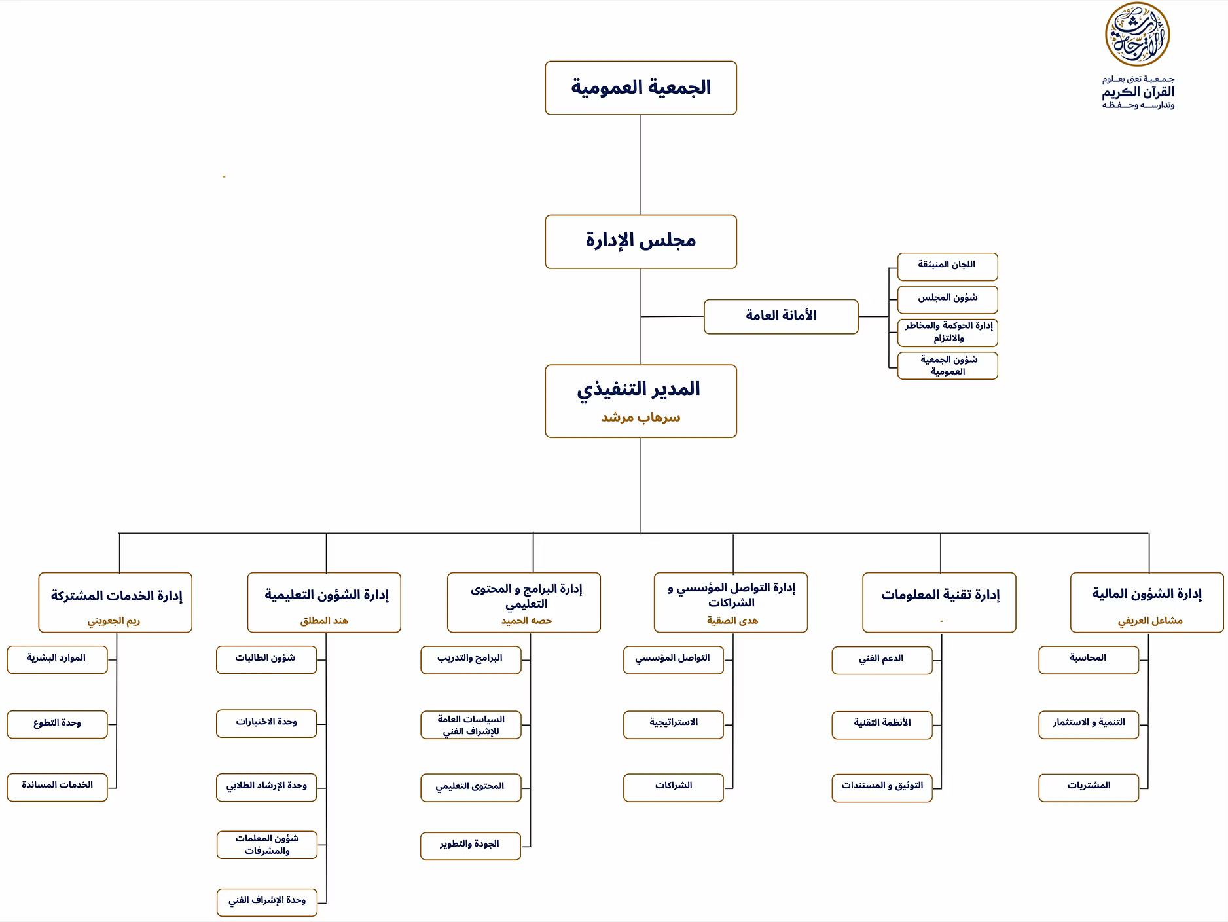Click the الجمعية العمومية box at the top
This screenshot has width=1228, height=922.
640,88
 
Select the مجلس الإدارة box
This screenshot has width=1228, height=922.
640,241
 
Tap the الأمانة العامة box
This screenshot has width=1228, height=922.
780,316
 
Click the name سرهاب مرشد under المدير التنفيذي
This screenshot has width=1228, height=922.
640,417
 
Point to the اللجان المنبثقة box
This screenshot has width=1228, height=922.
947,266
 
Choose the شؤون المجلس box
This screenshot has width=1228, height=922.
947,299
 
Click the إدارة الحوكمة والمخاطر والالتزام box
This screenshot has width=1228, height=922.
947,332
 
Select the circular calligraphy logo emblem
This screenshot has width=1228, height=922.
1137,35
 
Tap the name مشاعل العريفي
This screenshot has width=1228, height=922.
1149,620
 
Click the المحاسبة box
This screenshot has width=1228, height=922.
1088,659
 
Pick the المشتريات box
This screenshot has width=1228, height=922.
1088,786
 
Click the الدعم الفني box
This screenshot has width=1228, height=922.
881,659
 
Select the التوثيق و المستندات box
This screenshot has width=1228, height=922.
881,786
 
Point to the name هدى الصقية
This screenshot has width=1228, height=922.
732,620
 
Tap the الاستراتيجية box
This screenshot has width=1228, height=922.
673,724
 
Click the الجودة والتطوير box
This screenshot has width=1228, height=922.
470,845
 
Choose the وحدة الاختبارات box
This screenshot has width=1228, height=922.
266,723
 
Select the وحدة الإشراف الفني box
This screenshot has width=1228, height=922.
266,902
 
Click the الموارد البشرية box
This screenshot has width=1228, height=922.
56,659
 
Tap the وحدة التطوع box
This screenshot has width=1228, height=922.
56,724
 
